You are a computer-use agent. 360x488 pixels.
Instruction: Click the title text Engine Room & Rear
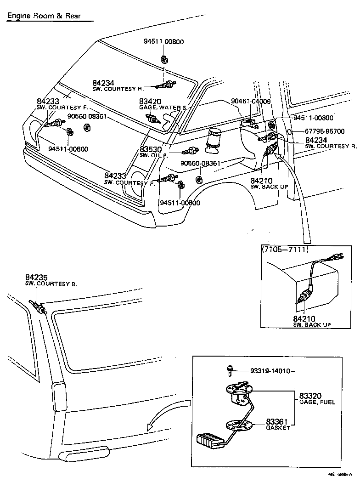[44, 16]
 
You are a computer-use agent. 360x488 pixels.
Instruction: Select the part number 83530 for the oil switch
[150, 150]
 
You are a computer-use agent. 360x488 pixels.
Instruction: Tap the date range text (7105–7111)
[285, 250]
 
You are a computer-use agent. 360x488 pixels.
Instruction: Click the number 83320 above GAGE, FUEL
[310, 395]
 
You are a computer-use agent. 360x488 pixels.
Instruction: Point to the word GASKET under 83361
[278, 428]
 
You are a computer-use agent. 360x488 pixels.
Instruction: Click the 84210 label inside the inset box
[304, 318]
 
